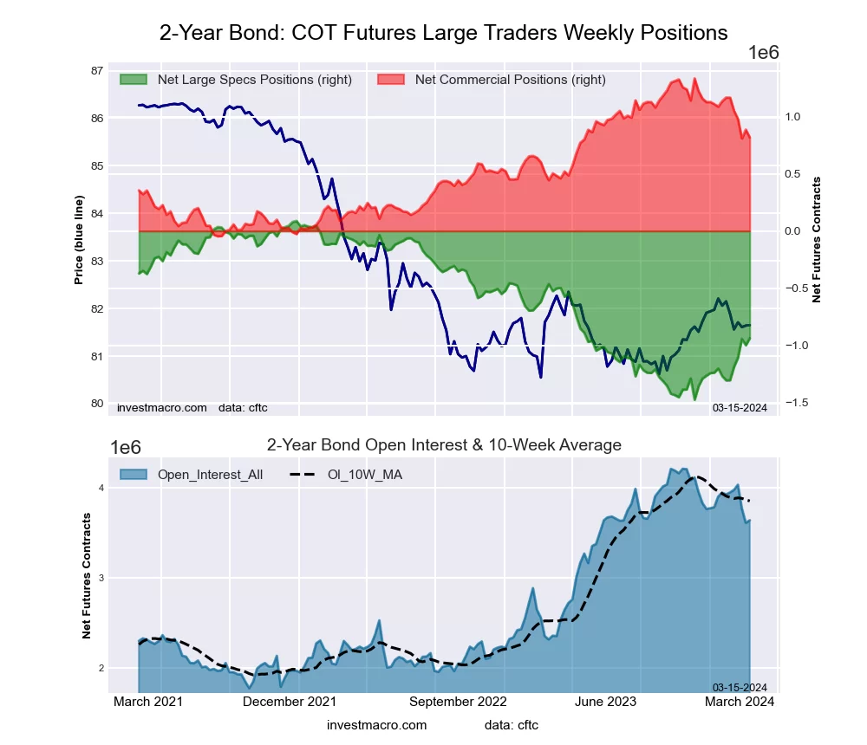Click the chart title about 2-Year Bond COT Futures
click(x=443, y=33)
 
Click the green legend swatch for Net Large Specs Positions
click(x=134, y=80)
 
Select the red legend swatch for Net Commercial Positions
click(x=392, y=80)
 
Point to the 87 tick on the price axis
click(x=97, y=71)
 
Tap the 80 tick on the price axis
click(x=97, y=404)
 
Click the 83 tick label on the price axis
click(x=97, y=262)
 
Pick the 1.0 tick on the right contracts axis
click(x=791, y=117)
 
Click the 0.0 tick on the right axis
click(x=791, y=231)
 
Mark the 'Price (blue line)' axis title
click(x=79, y=240)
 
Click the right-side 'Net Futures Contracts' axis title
click(x=816, y=240)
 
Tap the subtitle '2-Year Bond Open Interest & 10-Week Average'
click(x=444, y=445)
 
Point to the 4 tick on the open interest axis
click(x=101, y=489)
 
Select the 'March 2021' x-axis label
click(x=148, y=702)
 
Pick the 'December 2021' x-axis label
click(x=290, y=702)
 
